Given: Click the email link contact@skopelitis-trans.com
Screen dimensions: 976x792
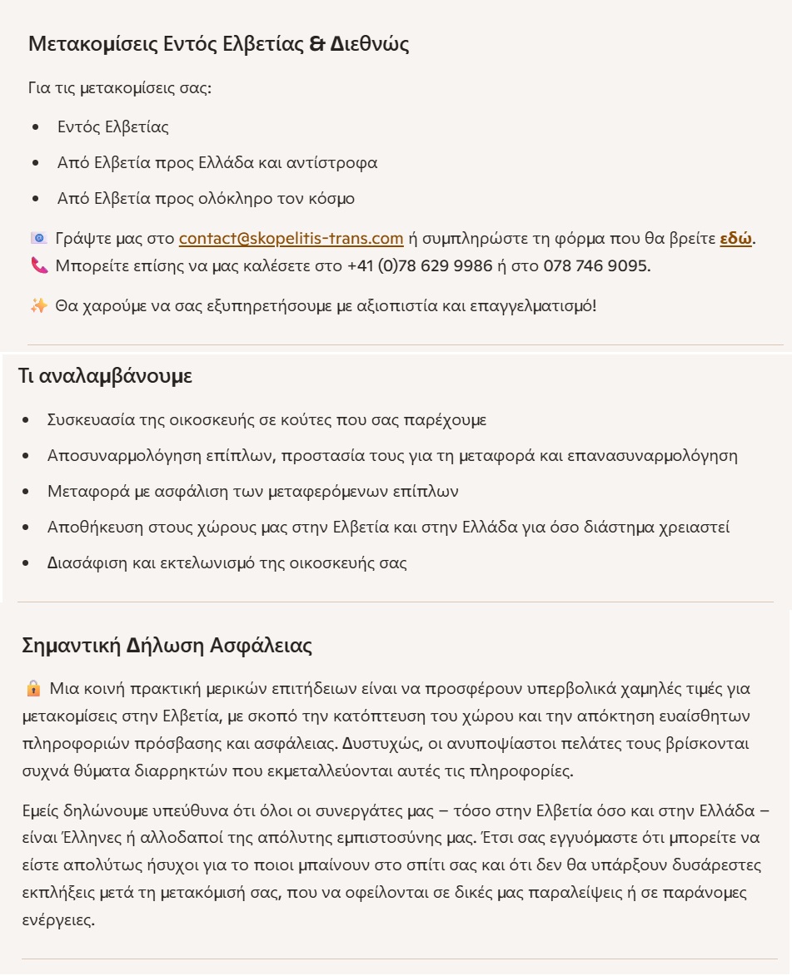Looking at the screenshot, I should pyautogui.click(x=291, y=239).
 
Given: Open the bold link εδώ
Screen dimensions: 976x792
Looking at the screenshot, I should pyautogui.click(x=735, y=239).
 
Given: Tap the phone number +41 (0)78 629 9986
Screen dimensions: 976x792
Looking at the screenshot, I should pyautogui.click(x=420, y=266).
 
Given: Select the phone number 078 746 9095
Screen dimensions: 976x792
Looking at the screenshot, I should pyautogui.click(x=595, y=266).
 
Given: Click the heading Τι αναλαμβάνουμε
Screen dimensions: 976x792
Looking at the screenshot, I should pyautogui.click(x=105, y=375).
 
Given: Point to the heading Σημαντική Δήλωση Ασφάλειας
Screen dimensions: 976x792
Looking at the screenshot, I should pyautogui.click(x=167, y=646).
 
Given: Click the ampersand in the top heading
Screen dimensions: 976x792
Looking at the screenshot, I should pyautogui.click(x=316, y=44).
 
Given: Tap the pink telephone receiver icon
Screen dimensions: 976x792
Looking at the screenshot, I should pyautogui.click(x=39, y=266).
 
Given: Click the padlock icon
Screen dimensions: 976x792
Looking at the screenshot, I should pyautogui.click(x=34, y=689).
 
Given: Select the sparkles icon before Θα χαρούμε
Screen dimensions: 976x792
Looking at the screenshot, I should pyautogui.click(x=38, y=306).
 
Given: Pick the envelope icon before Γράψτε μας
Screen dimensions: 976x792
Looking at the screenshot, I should pyautogui.click(x=38, y=239).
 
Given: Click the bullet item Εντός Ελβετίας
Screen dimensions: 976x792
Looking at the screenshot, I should pyautogui.click(x=112, y=127).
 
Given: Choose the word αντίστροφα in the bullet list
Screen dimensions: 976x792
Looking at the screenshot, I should pyautogui.click(x=331, y=163).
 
